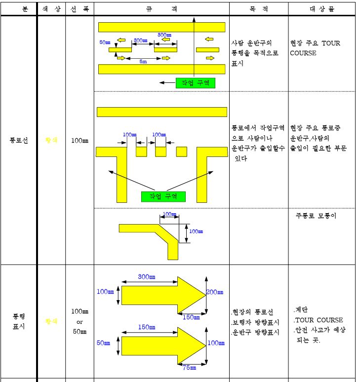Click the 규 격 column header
161,9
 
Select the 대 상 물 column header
322,9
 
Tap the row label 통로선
19,140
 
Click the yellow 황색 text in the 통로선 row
51,140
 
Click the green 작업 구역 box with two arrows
163,196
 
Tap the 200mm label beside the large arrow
215,292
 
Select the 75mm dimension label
189,367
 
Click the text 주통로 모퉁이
316,216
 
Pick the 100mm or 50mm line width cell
80,321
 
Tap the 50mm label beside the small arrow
103,343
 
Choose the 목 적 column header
258,9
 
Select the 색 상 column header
51,9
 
